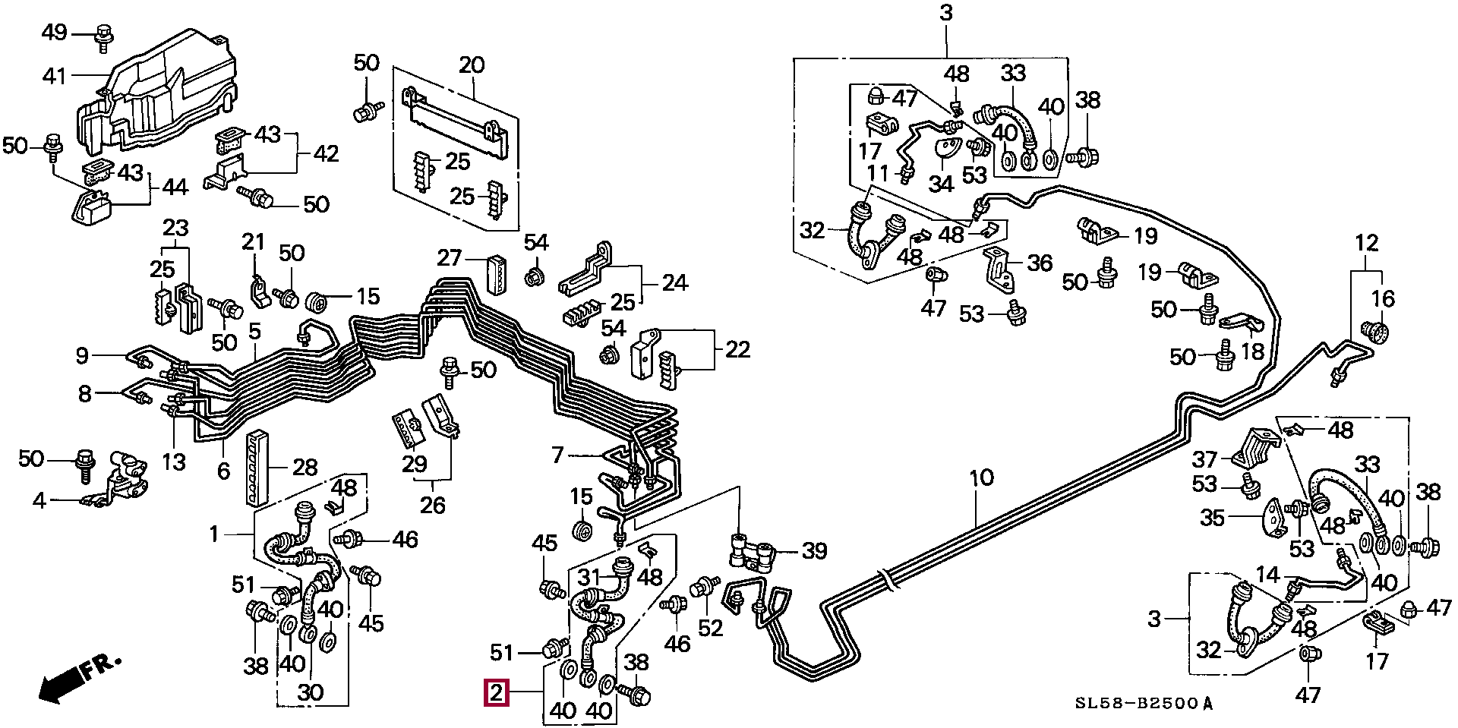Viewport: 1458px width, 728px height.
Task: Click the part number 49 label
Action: pyautogui.click(x=54, y=33)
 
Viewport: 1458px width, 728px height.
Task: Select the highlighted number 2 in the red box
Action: pyautogui.click(x=496, y=692)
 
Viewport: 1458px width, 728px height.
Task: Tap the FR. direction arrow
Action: pyautogui.click(x=77, y=678)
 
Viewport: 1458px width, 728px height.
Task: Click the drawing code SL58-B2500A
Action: pyautogui.click(x=1144, y=704)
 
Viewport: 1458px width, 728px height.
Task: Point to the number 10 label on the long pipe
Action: pyautogui.click(x=981, y=477)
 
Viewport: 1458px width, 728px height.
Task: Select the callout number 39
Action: pyautogui.click(x=814, y=550)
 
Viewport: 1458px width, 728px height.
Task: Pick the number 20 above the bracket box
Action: pyautogui.click(x=472, y=65)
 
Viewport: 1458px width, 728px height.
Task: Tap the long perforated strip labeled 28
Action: pyautogui.click(x=257, y=467)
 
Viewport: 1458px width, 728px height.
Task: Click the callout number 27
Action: pyautogui.click(x=449, y=258)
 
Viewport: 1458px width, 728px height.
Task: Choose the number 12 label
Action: pyautogui.click(x=1366, y=243)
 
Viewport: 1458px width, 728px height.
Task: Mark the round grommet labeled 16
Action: pyautogui.click(x=1376, y=332)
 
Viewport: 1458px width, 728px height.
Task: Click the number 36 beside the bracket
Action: pyautogui.click(x=1040, y=263)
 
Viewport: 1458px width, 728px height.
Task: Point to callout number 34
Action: pyautogui.click(x=941, y=184)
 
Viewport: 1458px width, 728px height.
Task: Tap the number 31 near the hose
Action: pyautogui.click(x=589, y=578)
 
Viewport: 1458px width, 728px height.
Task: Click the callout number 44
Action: pyautogui.click(x=175, y=186)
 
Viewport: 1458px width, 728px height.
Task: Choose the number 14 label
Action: pyautogui.click(x=1267, y=575)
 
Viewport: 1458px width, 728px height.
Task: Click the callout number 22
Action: pyautogui.click(x=737, y=349)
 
